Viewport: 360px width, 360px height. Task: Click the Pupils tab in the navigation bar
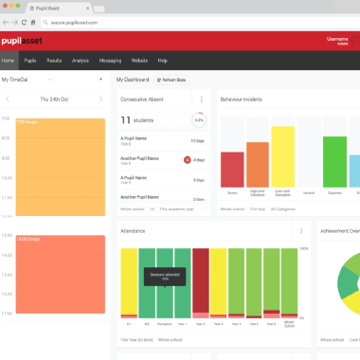coord(31,61)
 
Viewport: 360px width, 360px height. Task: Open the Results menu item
coord(55,61)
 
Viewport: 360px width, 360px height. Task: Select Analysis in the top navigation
coord(81,61)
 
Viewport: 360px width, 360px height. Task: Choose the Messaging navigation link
coord(110,61)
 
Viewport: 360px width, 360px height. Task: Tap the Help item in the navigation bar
coord(163,61)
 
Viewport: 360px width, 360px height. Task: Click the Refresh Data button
coord(171,81)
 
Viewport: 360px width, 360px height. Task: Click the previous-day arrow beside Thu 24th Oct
coord(8,99)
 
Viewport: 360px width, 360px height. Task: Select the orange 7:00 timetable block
coord(61,166)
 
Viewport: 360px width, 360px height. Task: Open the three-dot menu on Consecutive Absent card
coord(202,99)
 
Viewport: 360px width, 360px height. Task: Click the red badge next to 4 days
coord(188,159)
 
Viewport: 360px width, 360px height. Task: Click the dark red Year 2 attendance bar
coord(200,281)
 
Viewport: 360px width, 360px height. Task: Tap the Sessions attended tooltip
coord(164,277)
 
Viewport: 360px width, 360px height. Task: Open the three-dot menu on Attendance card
coord(302,230)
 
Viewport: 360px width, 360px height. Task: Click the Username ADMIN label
coord(336,41)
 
